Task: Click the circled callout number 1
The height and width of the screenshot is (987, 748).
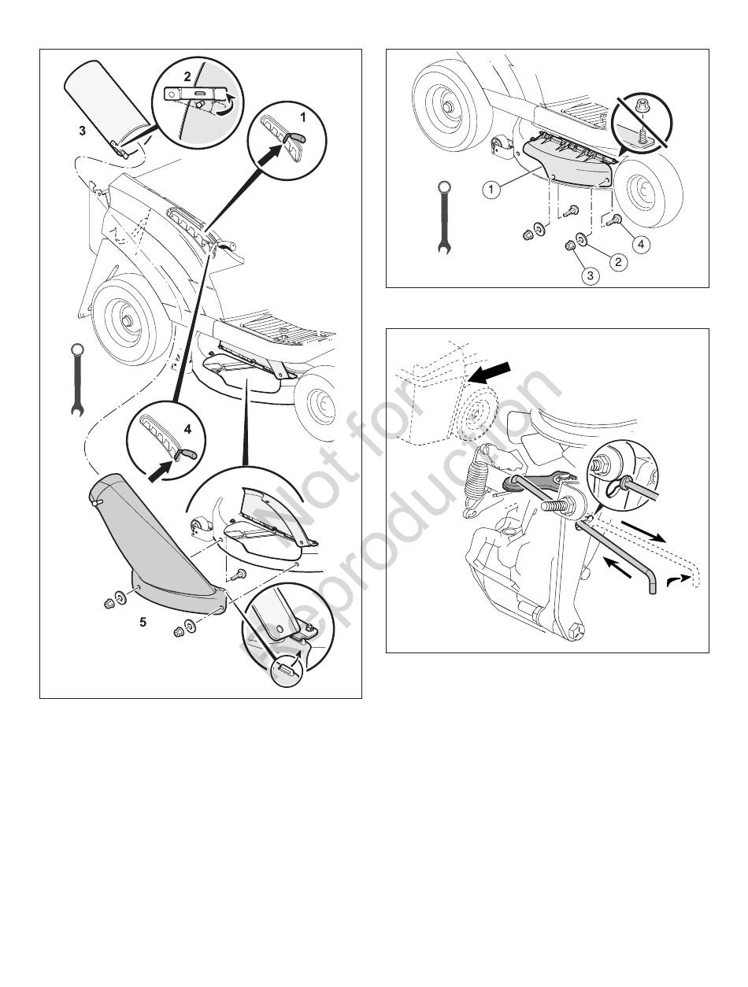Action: click(x=491, y=190)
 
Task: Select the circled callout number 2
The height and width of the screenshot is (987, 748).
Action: click(x=618, y=261)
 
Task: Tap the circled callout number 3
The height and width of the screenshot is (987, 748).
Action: click(x=590, y=275)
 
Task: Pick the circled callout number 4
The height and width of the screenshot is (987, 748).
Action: click(x=641, y=244)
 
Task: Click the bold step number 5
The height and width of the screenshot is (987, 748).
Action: click(x=143, y=623)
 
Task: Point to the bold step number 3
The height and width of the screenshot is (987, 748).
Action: click(x=82, y=131)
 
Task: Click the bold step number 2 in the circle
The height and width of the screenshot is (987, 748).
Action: click(x=187, y=76)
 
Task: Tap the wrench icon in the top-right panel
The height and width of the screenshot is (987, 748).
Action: click(x=444, y=218)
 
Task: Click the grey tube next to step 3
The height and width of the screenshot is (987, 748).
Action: click(x=109, y=108)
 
